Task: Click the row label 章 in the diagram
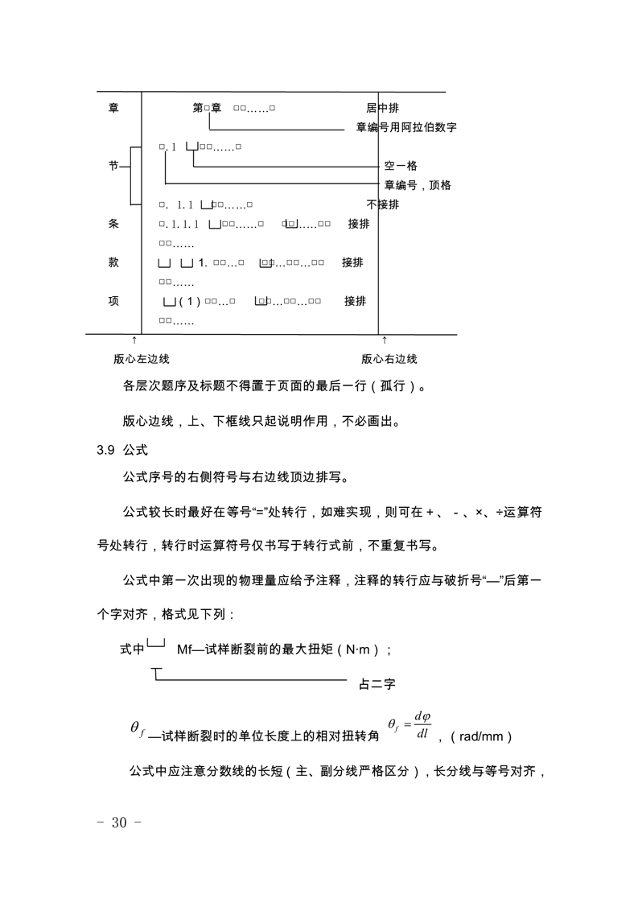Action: click(113, 108)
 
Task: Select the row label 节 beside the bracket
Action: click(113, 165)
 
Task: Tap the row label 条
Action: click(113, 224)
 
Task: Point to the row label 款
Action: click(113, 262)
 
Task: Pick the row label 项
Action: click(113, 301)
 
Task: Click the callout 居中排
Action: click(383, 108)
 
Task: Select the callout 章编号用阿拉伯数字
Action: click(406, 127)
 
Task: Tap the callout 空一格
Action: click(401, 166)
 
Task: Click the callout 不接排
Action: click(383, 204)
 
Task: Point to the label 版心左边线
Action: click(142, 359)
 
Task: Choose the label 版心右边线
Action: click(389, 359)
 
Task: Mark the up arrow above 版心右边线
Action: click(385, 340)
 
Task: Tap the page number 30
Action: click(119, 823)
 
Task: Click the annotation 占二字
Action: click(377, 685)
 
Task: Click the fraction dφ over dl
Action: click(422, 725)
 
